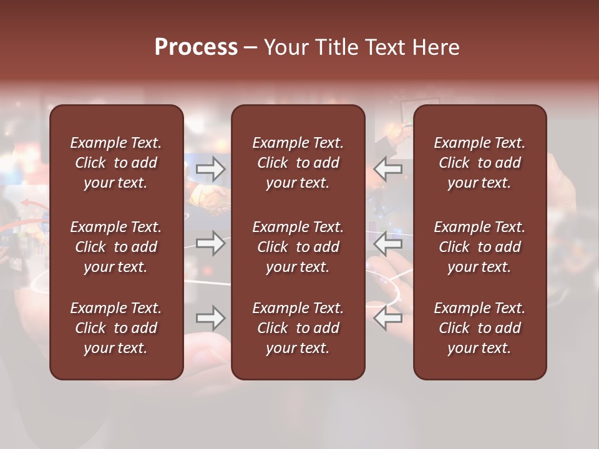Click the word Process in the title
pyautogui.click(x=196, y=47)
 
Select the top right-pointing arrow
pyautogui.click(x=211, y=168)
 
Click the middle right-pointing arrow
pyautogui.click(x=211, y=243)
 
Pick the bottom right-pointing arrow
pyautogui.click(x=211, y=319)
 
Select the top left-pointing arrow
pyautogui.click(x=388, y=168)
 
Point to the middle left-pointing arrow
pyautogui.click(x=388, y=243)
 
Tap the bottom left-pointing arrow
pyautogui.click(x=388, y=319)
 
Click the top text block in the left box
pyautogui.click(x=116, y=163)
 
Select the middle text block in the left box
pyautogui.click(x=116, y=247)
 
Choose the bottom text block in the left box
pyautogui.click(x=116, y=328)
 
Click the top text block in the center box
pyautogui.click(x=298, y=163)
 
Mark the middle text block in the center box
pyautogui.click(x=298, y=247)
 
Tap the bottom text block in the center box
pyautogui.click(x=298, y=328)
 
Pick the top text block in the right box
pyautogui.click(x=480, y=163)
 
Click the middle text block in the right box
pyautogui.click(x=480, y=247)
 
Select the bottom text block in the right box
pyautogui.click(x=480, y=328)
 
